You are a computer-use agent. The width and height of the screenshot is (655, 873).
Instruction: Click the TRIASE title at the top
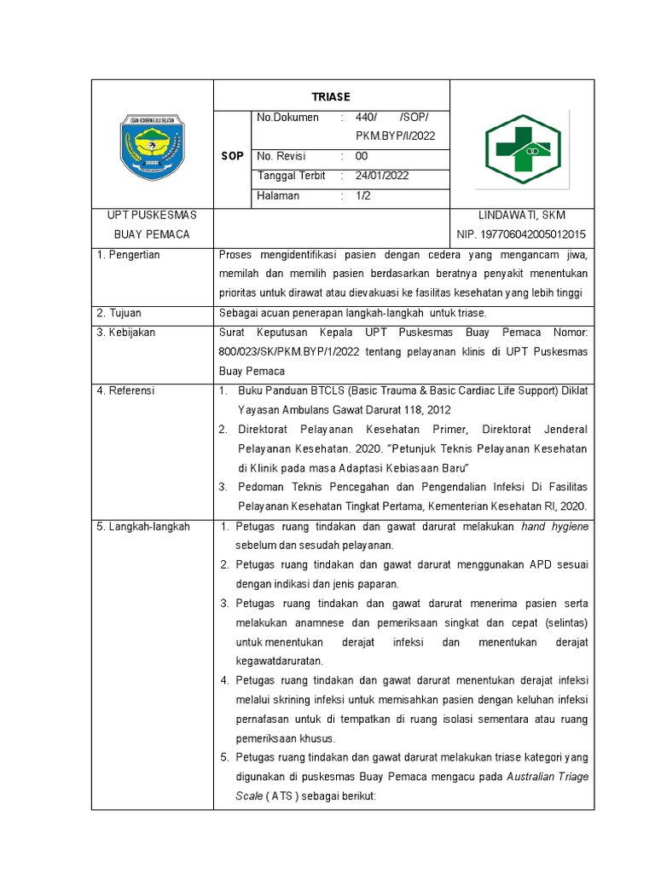click(330, 96)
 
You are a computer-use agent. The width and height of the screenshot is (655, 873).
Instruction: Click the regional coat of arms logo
click(152, 147)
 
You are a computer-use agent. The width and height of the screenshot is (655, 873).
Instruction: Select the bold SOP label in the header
click(233, 157)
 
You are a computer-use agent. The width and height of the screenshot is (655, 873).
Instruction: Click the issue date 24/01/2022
click(382, 176)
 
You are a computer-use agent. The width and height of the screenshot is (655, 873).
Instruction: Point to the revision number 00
click(362, 156)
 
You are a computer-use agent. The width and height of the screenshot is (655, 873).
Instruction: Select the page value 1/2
click(362, 195)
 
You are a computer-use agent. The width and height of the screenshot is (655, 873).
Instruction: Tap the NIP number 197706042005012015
click(521, 234)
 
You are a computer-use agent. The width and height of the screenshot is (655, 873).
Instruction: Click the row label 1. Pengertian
click(129, 254)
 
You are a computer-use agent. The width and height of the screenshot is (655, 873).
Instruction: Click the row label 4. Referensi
click(126, 390)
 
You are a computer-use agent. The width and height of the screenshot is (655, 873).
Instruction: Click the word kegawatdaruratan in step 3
click(280, 661)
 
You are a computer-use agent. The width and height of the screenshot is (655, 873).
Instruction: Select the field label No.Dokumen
click(287, 118)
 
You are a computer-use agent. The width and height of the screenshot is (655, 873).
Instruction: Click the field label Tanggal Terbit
click(291, 176)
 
